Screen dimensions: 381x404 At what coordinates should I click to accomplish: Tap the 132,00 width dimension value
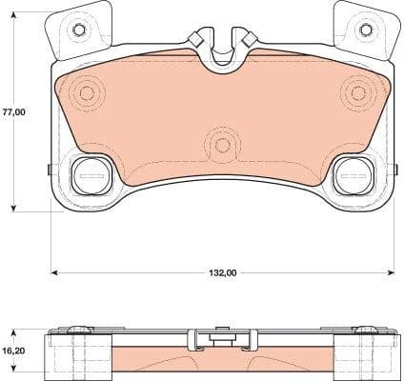point(222,273)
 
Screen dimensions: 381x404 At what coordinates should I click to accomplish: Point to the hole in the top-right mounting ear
point(363,30)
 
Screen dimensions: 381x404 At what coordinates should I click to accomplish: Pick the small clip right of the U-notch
point(247,39)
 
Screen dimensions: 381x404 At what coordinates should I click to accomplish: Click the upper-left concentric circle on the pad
point(88,93)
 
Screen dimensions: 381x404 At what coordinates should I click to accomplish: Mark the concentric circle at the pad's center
point(222,145)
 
